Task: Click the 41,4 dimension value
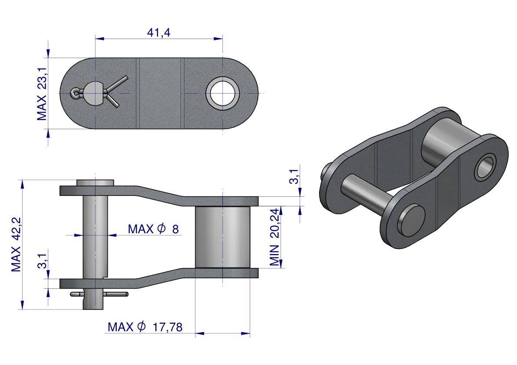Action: [158, 33]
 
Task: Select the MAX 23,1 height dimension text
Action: [42, 94]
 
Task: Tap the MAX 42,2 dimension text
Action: [16, 244]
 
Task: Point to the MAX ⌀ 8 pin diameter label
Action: [153, 229]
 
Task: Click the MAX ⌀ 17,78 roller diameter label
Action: [145, 327]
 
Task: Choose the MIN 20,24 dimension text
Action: [274, 237]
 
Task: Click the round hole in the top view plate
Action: [223, 94]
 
